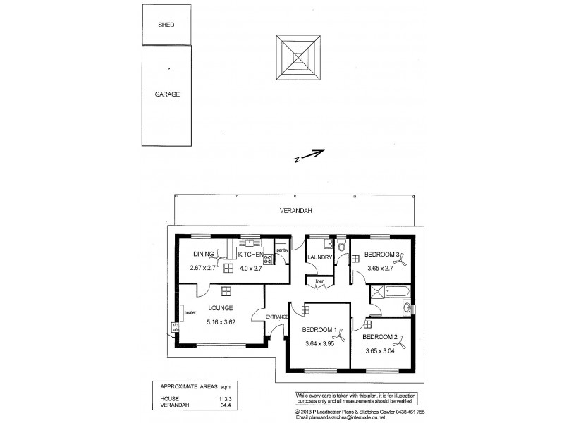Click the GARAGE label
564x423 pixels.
(x=168, y=93)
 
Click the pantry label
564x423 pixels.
(x=281, y=250)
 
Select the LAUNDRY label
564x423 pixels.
(x=319, y=257)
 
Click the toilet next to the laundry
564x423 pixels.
(x=340, y=246)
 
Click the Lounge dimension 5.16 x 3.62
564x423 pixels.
(x=223, y=323)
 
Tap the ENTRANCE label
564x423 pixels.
(x=276, y=317)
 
